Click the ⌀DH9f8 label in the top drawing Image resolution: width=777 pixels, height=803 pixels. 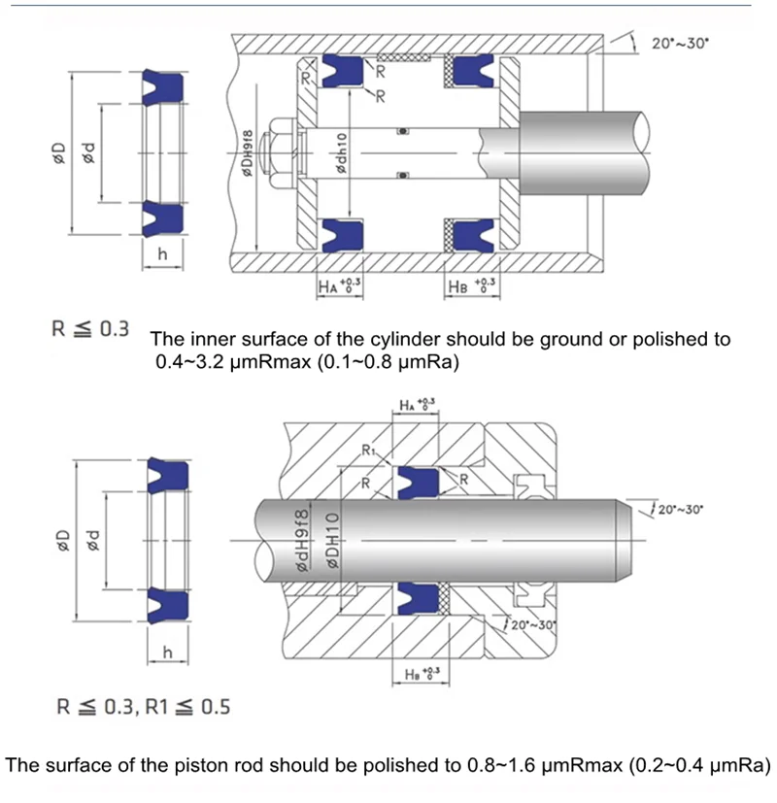pyautogui.click(x=248, y=153)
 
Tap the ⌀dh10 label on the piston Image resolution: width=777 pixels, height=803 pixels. pyautogui.click(x=341, y=152)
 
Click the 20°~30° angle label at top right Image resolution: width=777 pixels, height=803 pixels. pyautogui.click(x=680, y=44)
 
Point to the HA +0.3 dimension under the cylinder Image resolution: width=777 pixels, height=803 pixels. pyautogui.click(x=339, y=285)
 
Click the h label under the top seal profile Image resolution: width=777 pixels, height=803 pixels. pyautogui.click(x=162, y=254)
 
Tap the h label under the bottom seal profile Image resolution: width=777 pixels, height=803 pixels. pyautogui.click(x=167, y=652)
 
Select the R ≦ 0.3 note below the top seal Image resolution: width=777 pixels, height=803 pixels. pyautogui.click(x=90, y=329)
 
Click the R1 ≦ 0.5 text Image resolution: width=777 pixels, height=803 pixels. pyautogui.click(x=188, y=707)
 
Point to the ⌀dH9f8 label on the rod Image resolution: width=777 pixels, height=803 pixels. pyautogui.click(x=303, y=540)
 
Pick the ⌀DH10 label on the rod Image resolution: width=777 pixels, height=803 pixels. pyautogui.click(x=332, y=540)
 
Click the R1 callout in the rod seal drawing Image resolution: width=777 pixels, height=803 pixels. pyautogui.click(x=369, y=451)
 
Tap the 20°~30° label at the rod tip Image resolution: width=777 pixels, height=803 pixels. pyautogui.click(x=681, y=510)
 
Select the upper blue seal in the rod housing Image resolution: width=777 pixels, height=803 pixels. pyautogui.click(x=418, y=483)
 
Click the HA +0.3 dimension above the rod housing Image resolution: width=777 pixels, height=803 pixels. pyautogui.click(x=418, y=405)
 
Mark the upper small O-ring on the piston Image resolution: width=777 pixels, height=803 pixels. pyautogui.click(x=403, y=131)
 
